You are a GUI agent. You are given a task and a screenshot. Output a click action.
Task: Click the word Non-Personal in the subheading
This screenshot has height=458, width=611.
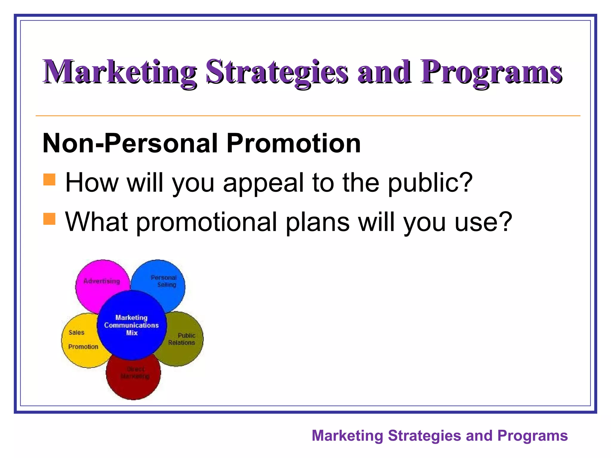tap(133, 143)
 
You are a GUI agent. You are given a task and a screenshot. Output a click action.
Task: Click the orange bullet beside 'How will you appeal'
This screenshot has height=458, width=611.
tap(50, 180)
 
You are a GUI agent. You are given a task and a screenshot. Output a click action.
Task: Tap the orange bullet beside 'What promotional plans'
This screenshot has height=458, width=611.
tap(50, 219)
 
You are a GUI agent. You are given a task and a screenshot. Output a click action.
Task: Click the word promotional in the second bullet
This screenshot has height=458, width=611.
tap(207, 222)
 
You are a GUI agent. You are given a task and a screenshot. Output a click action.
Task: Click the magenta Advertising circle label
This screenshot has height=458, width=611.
tap(102, 281)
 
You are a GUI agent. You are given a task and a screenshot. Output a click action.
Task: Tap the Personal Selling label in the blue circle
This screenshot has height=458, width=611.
tap(164, 281)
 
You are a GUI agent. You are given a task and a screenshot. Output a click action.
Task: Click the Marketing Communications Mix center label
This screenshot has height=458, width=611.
tap(132, 325)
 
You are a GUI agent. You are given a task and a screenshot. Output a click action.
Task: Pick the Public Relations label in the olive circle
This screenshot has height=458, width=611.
tap(182, 339)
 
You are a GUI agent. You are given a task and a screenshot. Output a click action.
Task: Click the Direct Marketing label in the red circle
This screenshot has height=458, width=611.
tap(135, 373)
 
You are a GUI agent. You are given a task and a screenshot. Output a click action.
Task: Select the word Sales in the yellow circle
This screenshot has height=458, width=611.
tap(76, 332)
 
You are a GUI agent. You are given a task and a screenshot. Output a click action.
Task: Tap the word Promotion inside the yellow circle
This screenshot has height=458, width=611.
tap(83, 347)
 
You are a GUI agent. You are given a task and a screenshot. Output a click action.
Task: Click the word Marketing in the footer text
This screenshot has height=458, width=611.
tap(347, 436)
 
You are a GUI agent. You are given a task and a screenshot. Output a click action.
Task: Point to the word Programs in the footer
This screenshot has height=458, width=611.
tap(532, 436)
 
